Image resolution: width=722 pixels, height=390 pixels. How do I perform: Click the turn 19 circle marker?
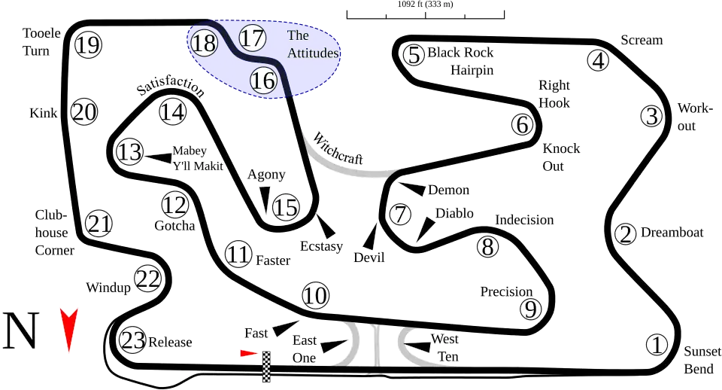click(x=88, y=45)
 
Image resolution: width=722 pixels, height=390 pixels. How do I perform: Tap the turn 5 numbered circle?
click(x=413, y=54)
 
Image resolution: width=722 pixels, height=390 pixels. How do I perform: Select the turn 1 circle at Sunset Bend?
click(x=657, y=345)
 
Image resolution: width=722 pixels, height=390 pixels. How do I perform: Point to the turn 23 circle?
click(x=132, y=341)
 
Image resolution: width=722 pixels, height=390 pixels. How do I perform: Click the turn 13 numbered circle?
click(x=129, y=152)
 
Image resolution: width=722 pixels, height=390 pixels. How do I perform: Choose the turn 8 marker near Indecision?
click(x=487, y=245)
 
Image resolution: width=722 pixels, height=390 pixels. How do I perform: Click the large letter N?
click(x=21, y=331)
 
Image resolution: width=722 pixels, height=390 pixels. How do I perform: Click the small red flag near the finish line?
click(x=248, y=353)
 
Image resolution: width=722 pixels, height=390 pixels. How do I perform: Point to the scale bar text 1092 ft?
click(x=425, y=5)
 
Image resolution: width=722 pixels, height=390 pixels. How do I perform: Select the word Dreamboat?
click(x=672, y=233)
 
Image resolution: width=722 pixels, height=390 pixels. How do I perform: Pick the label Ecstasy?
click(x=321, y=246)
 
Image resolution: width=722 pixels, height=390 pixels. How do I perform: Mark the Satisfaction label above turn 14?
click(x=171, y=88)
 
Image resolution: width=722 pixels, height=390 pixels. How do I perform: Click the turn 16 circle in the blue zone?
click(x=263, y=80)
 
